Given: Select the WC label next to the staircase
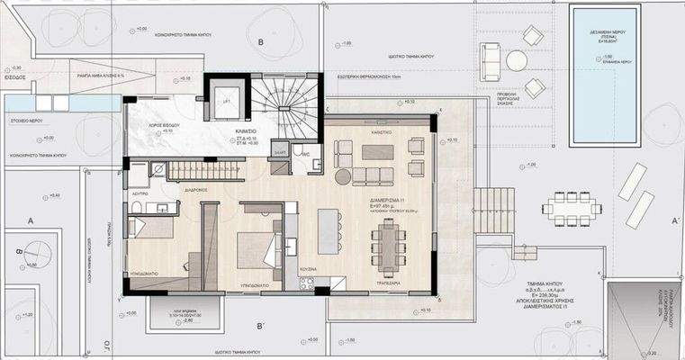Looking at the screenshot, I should coord(307,155).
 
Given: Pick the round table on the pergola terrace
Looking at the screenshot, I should coord(516,60).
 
